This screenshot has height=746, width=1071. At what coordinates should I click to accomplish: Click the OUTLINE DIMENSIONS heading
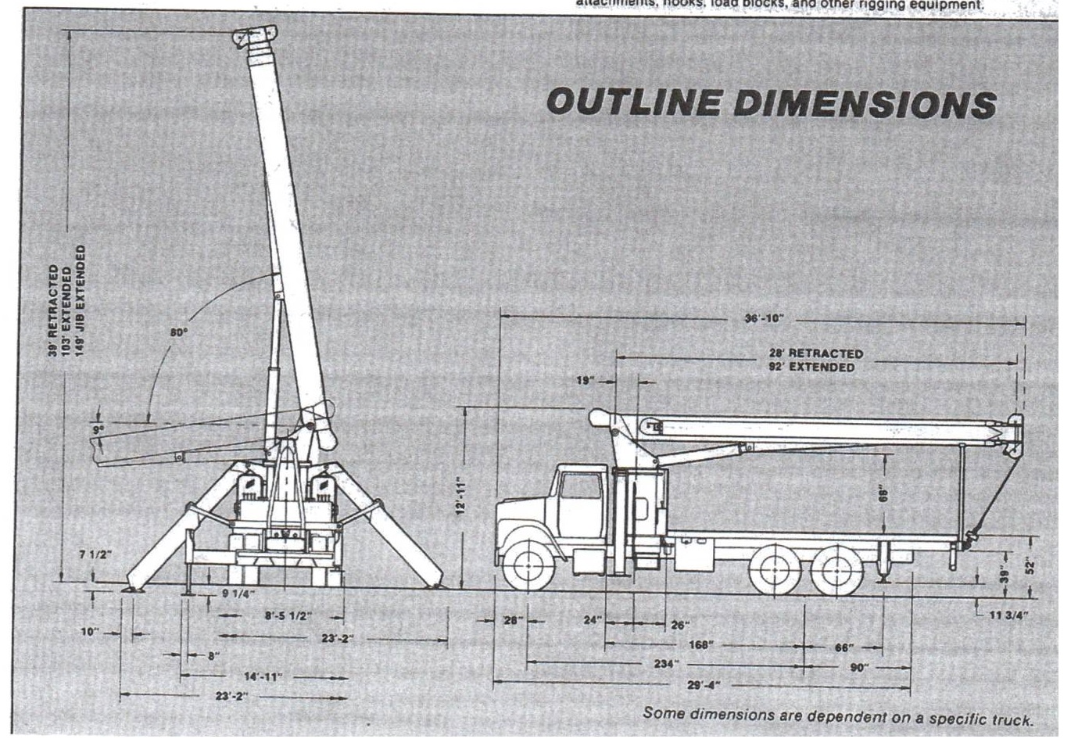[771, 102]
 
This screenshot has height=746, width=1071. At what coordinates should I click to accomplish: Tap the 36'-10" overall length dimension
[763, 318]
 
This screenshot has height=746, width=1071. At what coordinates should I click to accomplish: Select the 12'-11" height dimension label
[461, 495]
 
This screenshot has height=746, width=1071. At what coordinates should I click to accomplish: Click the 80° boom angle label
[179, 332]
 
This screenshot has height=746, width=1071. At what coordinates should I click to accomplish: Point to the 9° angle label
[98, 429]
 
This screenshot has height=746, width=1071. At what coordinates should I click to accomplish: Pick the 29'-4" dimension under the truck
[703, 686]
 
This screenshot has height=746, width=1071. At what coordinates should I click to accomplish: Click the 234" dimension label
[666, 664]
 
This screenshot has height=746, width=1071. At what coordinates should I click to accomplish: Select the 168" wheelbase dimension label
[700, 644]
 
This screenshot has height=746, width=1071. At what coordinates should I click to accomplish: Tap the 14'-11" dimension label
[262, 676]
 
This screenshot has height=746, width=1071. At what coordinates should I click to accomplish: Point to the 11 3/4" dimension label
[1008, 615]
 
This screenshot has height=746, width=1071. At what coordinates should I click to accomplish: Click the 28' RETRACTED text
[815, 353]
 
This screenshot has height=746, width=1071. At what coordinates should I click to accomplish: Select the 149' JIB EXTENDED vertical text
[81, 300]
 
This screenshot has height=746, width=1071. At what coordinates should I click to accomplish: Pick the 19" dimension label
[586, 381]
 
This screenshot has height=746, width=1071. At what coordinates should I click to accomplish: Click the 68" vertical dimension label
[883, 494]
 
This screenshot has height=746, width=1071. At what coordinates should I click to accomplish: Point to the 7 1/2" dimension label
[95, 554]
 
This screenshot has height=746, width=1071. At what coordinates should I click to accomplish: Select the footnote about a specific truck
[837, 716]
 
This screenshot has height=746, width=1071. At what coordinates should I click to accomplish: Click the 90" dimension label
[859, 668]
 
